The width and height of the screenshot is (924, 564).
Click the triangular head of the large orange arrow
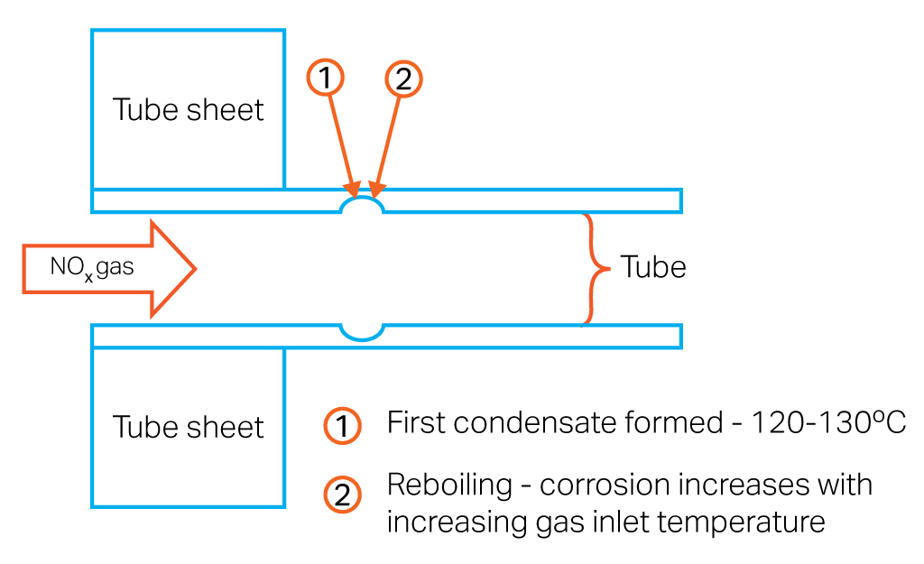coord(172,269)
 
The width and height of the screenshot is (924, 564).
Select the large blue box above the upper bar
coord(189,109)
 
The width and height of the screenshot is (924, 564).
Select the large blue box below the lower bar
coord(189,427)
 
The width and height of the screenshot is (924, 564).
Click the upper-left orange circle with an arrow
coord(325,77)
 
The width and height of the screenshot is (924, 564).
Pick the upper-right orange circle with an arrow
coord(403,79)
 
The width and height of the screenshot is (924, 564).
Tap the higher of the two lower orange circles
coord(342,425)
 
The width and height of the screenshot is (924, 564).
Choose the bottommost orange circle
coord(342,495)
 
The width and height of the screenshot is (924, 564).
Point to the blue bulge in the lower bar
coord(362,333)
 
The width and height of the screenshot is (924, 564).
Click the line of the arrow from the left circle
coord(339,135)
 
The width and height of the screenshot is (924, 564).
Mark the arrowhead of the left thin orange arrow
coord(353,190)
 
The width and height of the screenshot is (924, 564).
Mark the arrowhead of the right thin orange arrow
coord(375,190)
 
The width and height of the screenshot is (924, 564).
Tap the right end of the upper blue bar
coord(679,201)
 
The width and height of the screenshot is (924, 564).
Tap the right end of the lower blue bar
coord(679,337)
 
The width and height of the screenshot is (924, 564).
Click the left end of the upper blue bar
coord(94,201)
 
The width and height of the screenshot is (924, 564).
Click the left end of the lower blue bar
coord(94,337)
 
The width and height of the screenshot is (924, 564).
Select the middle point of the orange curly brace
coord(607,269)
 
